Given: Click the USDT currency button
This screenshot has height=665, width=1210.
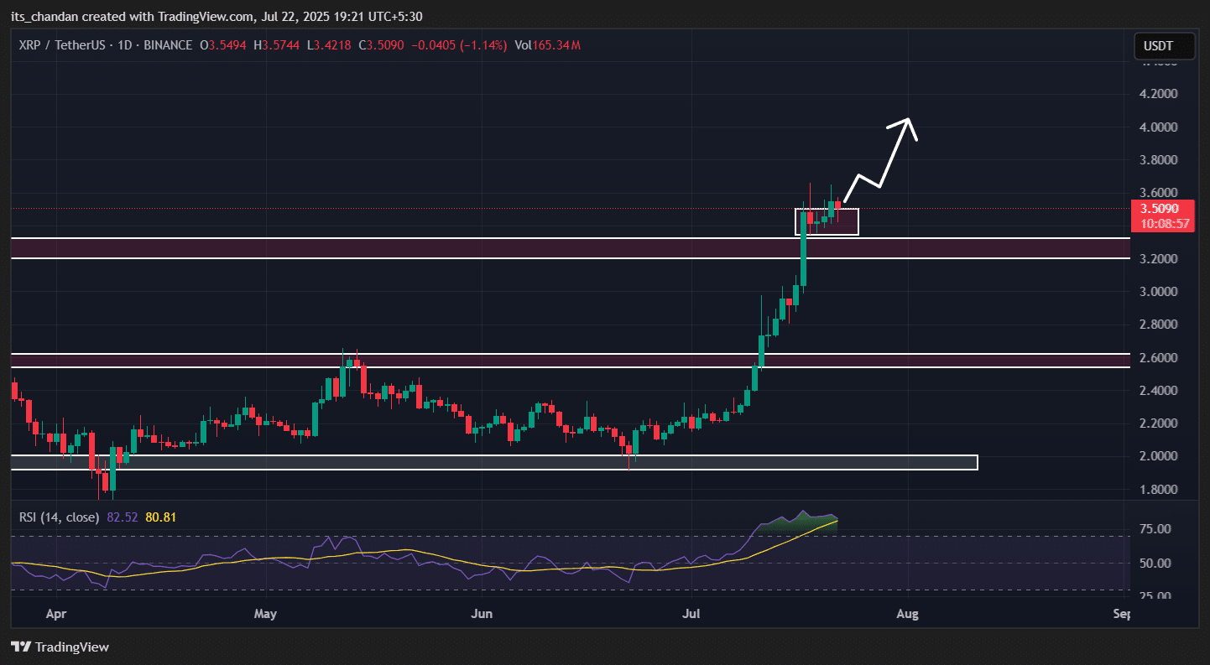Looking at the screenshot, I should (1164, 46).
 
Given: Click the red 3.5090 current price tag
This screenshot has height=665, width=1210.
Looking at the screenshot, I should (1162, 209).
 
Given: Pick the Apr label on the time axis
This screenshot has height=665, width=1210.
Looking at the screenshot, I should (56, 615).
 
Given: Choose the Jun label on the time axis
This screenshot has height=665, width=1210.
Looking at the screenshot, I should (482, 615).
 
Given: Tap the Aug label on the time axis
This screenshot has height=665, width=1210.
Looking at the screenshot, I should (907, 615).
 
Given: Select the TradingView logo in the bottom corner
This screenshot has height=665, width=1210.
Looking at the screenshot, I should (60, 647).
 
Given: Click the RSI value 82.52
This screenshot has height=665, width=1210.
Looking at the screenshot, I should (122, 517).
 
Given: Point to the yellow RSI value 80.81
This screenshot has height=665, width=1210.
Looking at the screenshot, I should (161, 517).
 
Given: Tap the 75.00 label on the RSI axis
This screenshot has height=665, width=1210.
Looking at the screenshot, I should (1156, 529).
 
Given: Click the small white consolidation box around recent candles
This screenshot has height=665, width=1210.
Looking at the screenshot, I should (827, 221).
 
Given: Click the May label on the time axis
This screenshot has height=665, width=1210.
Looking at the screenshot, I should (265, 615).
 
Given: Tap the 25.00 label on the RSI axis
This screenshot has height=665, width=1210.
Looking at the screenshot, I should (1156, 596).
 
